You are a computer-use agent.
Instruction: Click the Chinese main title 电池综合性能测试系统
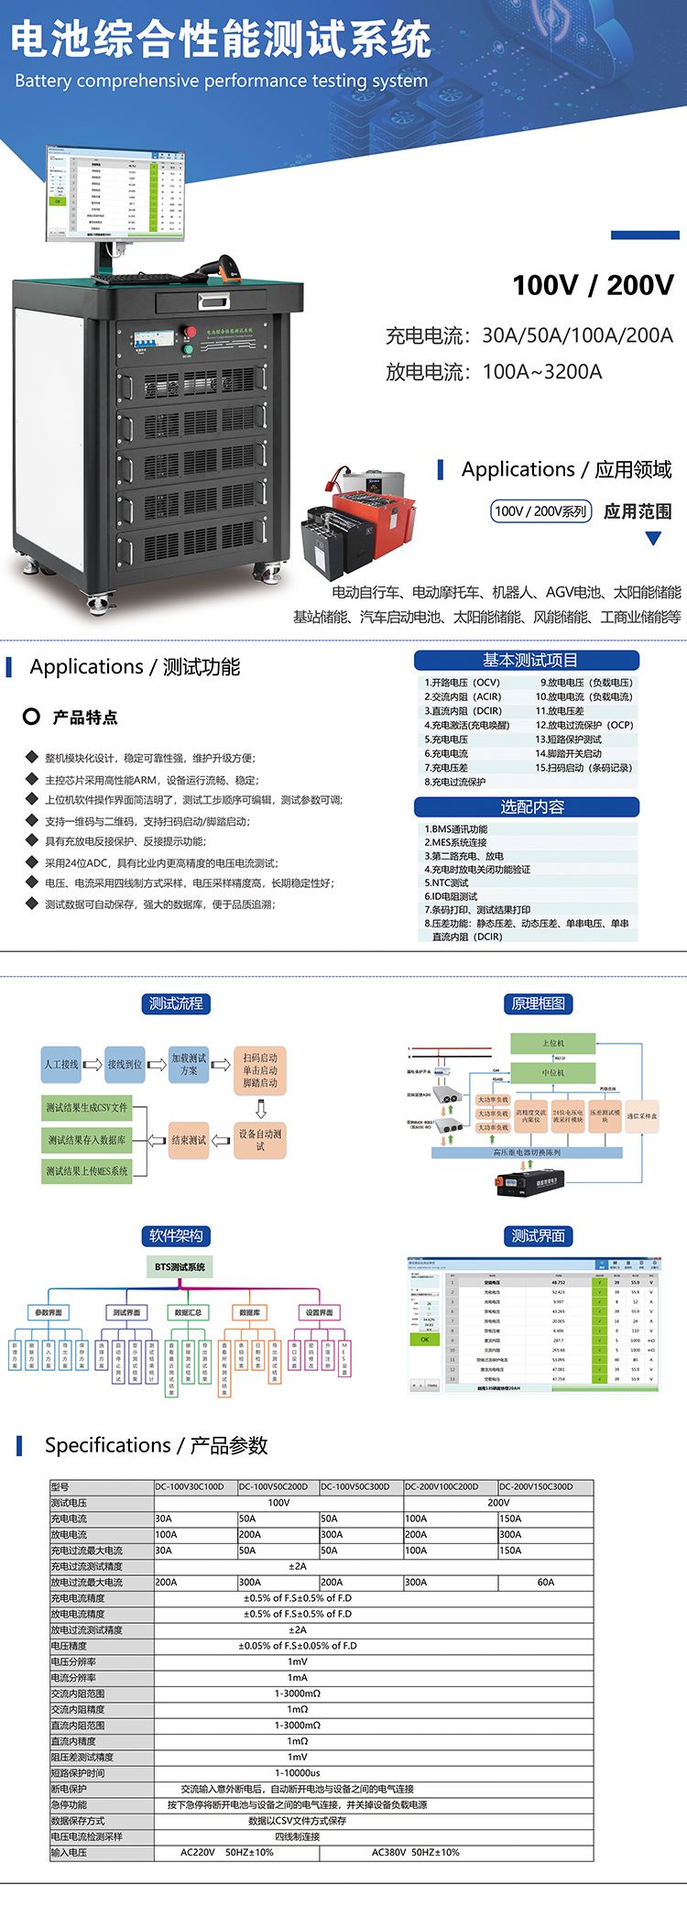point(221,39)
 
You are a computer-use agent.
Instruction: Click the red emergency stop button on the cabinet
point(191,331)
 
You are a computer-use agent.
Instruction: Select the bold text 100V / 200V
point(593,285)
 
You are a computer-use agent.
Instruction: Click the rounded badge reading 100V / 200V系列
point(540,511)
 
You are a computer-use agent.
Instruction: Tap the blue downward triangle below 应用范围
point(653,539)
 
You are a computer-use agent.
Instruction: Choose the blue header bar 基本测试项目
point(527,660)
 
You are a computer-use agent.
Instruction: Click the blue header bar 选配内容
point(527,806)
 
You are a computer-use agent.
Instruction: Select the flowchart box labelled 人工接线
point(61,1064)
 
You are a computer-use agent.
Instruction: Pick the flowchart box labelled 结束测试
point(189,1140)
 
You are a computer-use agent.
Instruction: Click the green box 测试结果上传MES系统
point(87,1171)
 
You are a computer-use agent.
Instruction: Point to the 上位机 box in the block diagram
point(553,1043)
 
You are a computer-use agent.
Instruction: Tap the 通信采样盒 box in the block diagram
point(641,1116)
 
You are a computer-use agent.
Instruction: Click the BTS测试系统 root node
point(180,1267)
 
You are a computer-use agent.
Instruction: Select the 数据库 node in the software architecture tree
point(249,1312)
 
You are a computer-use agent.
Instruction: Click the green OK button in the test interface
point(424,1339)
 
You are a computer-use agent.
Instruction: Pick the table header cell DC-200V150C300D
point(545,1486)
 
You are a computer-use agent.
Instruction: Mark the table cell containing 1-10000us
point(298,1773)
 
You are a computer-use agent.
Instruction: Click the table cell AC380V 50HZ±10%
point(415,1852)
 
